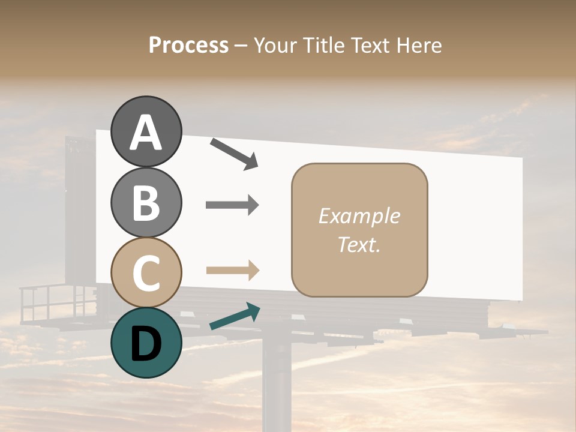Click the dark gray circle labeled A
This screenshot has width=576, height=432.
(146, 131)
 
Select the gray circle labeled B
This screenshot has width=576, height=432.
(146, 202)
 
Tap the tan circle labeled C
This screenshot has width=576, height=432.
(146, 273)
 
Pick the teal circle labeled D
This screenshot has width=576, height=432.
(146, 343)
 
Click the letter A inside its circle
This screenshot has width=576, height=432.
(146, 133)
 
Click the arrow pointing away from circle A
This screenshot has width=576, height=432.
(234, 153)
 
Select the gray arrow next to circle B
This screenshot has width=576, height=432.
(232, 205)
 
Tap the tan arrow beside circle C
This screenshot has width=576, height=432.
(232, 270)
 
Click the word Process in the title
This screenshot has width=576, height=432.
(188, 45)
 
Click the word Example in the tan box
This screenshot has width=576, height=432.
(359, 216)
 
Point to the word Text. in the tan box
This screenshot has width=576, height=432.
(359, 244)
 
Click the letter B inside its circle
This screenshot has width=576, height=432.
(146, 203)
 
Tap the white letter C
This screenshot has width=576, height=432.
(146, 274)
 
